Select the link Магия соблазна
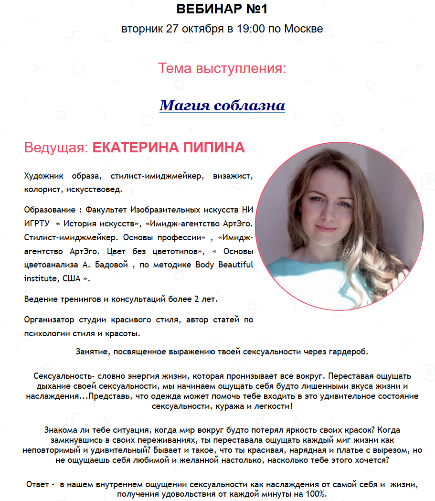pos(222,105)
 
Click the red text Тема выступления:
pos(222,68)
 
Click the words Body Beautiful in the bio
pos(224,265)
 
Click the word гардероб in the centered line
pos(350,352)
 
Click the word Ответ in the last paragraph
pos(37,485)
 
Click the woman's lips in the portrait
pos(326,228)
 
